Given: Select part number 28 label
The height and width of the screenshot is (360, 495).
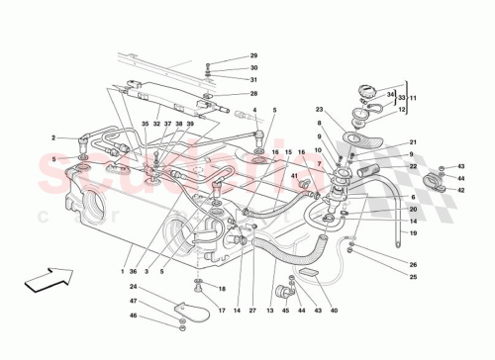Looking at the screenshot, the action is (x=253, y=93).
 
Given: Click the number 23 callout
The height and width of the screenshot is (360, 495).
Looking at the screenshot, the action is (x=319, y=110).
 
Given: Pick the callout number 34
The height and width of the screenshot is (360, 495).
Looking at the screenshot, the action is (x=390, y=94).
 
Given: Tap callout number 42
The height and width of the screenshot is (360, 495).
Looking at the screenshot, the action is (x=461, y=189).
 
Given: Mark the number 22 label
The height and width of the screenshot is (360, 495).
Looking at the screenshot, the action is (x=413, y=167).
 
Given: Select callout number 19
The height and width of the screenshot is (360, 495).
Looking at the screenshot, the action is (x=413, y=233).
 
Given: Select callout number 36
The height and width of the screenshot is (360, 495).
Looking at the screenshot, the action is (x=132, y=270).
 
